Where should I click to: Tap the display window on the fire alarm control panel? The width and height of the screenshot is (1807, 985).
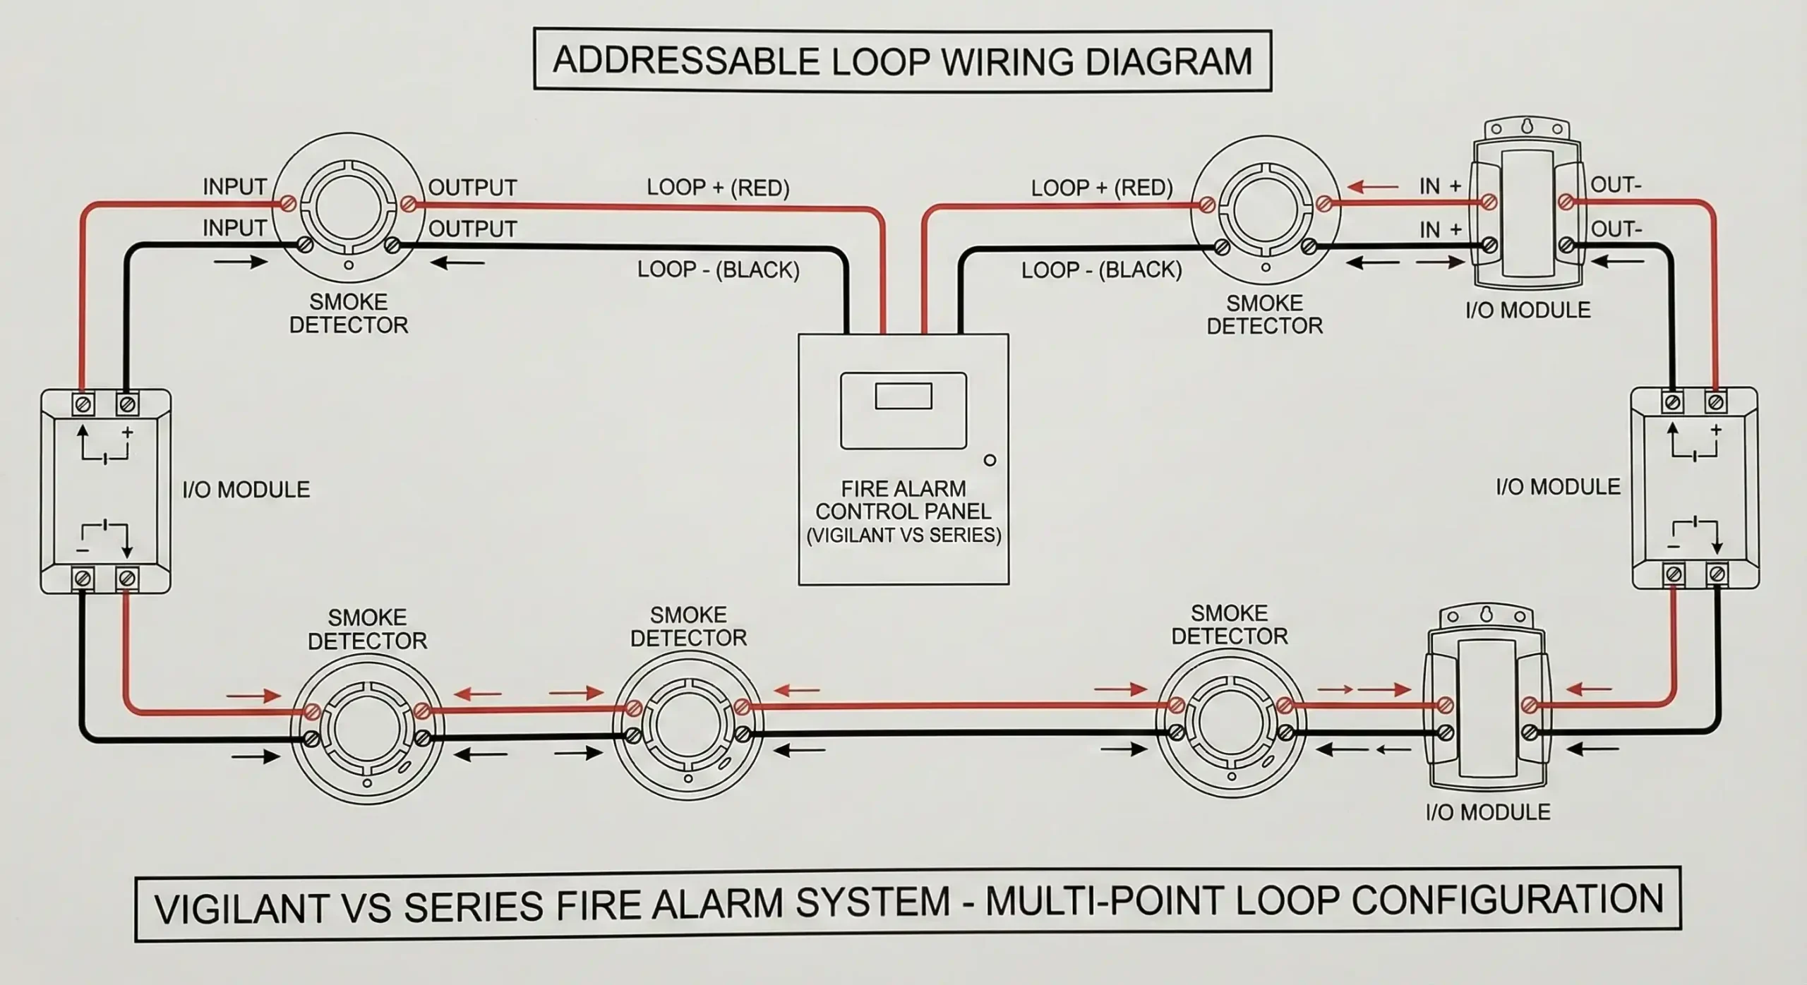pyautogui.click(x=903, y=396)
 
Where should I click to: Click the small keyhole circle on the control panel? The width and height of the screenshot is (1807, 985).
pyautogui.click(x=990, y=460)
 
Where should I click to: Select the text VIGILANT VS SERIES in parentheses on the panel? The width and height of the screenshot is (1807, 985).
pyautogui.click(x=903, y=536)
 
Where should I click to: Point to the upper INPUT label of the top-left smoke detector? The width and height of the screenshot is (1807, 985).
pyautogui.click(x=234, y=187)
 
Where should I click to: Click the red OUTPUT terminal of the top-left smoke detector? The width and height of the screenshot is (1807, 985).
pyautogui.click(x=407, y=205)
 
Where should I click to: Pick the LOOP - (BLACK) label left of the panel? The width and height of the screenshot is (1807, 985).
pyautogui.click(x=718, y=270)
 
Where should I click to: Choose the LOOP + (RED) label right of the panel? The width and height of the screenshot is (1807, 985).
pyautogui.click(x=1101, y=188)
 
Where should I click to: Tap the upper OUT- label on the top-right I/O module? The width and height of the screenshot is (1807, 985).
pyautogui.click(x=1616, y=185)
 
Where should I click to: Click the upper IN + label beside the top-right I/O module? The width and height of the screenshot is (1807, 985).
pyautogui.click(x=1440, y=186)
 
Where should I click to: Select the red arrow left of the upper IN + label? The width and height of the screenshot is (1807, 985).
pyautogui.click(x=1372, y=188)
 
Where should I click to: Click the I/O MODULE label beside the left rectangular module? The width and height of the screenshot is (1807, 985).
pyautogui.click(x=246, y=490)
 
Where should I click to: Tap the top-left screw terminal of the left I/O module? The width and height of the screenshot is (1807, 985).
pyautogui.click(x=83, y=404)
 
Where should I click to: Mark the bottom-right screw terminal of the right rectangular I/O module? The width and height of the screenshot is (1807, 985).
pyautogui.click(x=1716, y=573)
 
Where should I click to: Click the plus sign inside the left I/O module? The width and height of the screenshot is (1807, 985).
pyautogui.click(x=128, y=432)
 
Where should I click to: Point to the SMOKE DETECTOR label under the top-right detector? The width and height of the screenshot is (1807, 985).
pyautogui.click(x=1264, y=314)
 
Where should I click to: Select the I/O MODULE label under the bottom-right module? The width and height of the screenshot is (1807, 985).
pyautogui.click(x=1488, y=812)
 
